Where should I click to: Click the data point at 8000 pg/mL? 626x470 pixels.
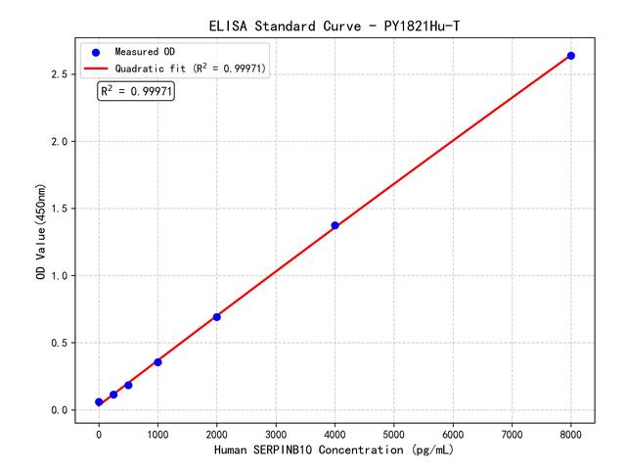coord(571,56)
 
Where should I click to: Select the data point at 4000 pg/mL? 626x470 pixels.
coord(335,225)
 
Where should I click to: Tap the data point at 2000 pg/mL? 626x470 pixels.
coord(216,316)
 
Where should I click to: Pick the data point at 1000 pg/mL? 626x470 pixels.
coord(157,362)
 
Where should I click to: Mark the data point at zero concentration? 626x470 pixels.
coord(99,402)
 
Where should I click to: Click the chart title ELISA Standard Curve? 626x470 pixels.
coord(335,24)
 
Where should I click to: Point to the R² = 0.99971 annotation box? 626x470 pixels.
coord(137,91)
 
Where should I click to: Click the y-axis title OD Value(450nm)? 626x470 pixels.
coord(41,232)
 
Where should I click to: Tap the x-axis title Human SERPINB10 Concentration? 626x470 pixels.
coord(335,450)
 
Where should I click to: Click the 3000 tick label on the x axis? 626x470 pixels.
coord(276,432)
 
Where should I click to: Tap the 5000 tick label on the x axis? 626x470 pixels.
coord(394,432)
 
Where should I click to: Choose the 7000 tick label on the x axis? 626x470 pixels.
coord(513,432)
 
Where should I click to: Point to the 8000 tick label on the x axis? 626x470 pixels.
coord(571,432)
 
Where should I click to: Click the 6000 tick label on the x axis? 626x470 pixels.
coord(453,432)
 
